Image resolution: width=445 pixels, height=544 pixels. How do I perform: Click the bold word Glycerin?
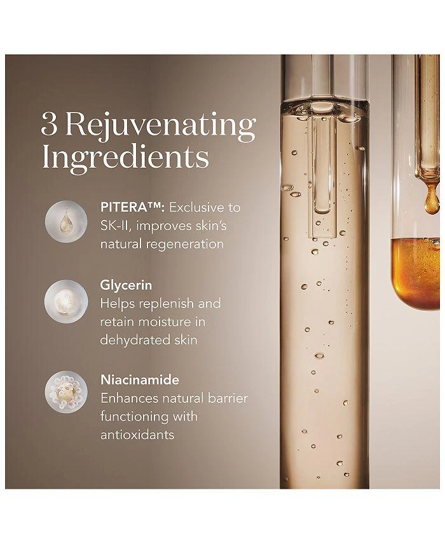click(x=126, y=285)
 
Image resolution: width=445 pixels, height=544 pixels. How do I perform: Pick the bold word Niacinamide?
click(x=140, y=380)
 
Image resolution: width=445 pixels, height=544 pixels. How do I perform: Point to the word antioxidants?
click(x=137, y=435)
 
